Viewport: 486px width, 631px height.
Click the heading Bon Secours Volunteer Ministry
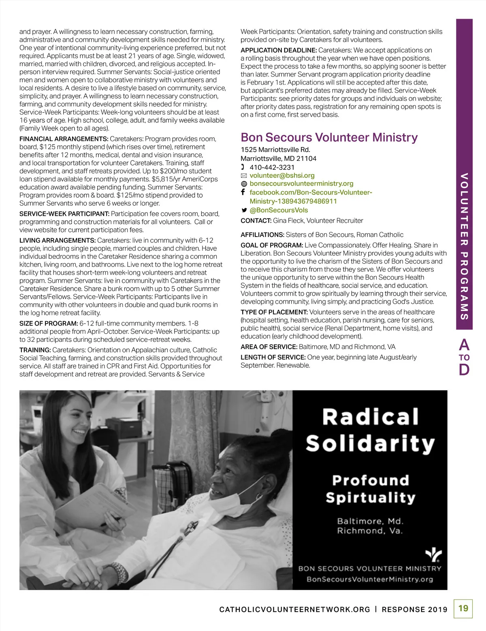[x=329, y=138]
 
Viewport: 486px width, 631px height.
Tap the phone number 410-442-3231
[x=272, y=167]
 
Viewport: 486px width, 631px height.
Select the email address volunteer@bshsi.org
[x=282, y=175]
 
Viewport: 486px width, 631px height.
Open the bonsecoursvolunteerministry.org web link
[x=301, y=183]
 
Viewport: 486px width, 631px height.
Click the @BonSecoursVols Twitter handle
[x=279, y=210]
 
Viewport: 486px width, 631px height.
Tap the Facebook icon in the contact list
[x=243, y=192]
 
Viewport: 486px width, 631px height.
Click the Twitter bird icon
[x=244, y=210]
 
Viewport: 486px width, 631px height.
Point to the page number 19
[x=463, y=608]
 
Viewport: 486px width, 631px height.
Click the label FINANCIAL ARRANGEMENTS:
[x=64, y=139]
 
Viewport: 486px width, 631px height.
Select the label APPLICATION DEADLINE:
[x=279, y=50]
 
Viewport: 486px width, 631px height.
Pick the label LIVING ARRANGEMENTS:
[x=58, y=241]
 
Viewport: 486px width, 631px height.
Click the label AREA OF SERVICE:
[x=269, y=347]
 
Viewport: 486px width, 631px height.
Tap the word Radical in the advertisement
[x=370, y=417]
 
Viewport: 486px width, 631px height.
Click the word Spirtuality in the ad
[x=370, y=497]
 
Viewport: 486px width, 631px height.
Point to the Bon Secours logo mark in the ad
[x=433, y=555]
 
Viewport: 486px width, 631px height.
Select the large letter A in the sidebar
[x=464, y=345]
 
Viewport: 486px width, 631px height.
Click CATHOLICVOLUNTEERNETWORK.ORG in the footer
[x=294, y=610]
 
